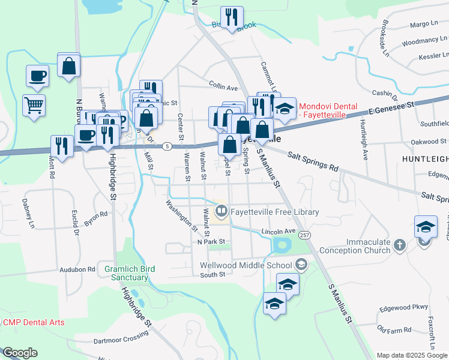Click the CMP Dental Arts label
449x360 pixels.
pos(34,322)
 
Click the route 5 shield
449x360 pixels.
pos(167,146)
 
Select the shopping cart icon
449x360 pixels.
pos(34,105)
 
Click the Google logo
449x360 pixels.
pos(19,353)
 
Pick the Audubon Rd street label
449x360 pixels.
pos(77,270)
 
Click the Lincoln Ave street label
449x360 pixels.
pos(279,231)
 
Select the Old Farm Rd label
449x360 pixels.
pos(394,329)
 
